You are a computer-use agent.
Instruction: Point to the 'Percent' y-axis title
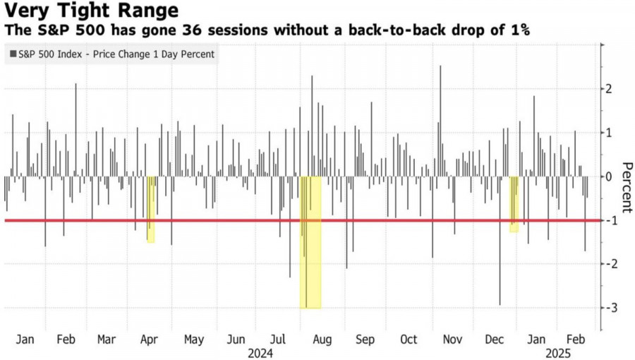point(625,187)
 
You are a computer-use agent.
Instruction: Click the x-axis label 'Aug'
point(322,339)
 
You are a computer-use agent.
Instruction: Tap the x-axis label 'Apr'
point(149,339)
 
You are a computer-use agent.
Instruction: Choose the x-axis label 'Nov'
point(452,339)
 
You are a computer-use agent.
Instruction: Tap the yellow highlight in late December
point(514,205)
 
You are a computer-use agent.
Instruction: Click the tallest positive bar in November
point(440,120)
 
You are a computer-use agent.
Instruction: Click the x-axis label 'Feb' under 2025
point(576,339)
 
